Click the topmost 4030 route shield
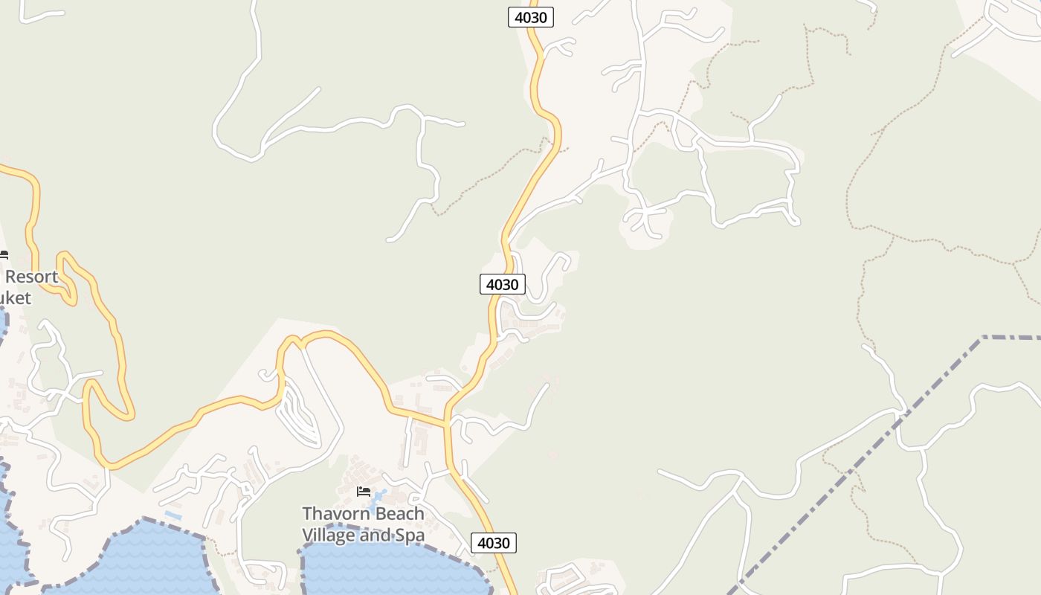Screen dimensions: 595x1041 click(x=531, y=17)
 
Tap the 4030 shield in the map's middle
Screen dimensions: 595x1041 click(x=503, y=284)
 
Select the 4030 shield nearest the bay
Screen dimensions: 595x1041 click(x=493, y=543)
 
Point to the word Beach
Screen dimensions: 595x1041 click(x=399, y=514)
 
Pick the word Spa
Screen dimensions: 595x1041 click(x=410, y=535)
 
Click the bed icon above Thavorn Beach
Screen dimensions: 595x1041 click(x=364, y=492)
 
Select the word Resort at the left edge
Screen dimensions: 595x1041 click(x=31, y=277)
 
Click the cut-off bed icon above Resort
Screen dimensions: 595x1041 click(x=4, y=254)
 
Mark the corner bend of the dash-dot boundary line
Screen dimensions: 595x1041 click(x=982, y=338)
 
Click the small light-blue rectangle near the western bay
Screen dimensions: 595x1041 click(x=173, y=515)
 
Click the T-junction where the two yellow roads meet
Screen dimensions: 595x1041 click(x=447, y=425)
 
